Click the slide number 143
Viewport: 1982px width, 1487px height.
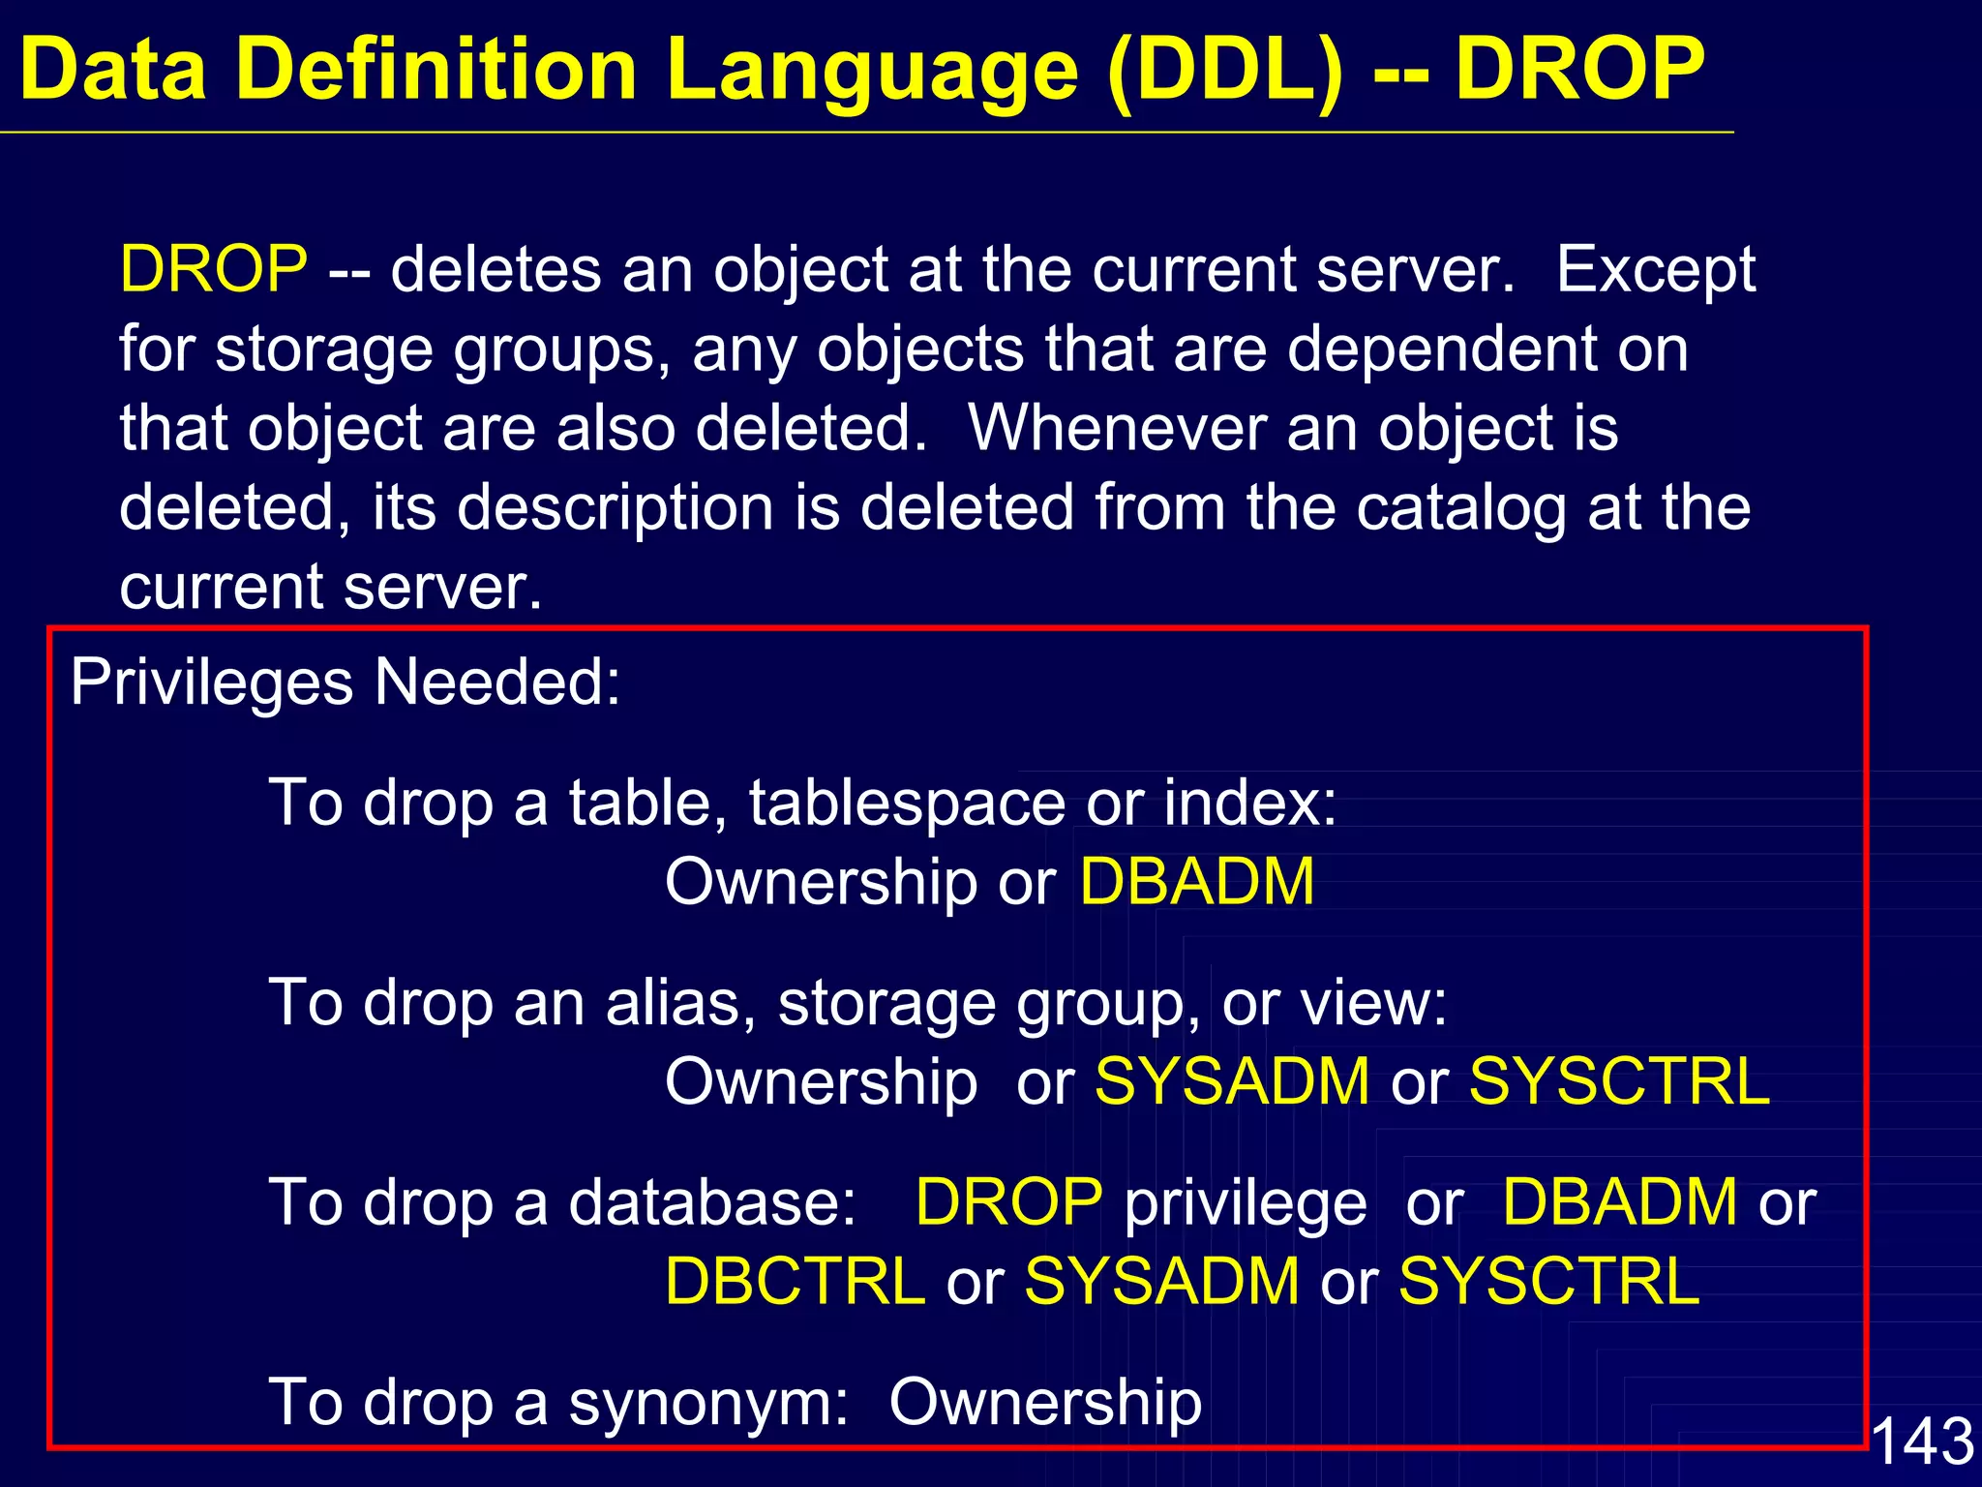(1922, 1441)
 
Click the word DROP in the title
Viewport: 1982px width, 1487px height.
(1579, 70)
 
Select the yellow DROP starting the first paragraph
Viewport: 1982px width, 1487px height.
(214, 269)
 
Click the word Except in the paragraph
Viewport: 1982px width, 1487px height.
(1656, 269)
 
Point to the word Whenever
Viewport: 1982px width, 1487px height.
(1116, 428)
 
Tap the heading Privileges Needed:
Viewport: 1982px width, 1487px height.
(345, 683)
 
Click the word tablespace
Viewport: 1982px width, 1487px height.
(907, 803)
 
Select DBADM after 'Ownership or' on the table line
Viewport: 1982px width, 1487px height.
(1197, 882)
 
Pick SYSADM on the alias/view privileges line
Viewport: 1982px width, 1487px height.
(1232, 1081)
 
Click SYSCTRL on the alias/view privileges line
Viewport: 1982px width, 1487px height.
(1619, 1081)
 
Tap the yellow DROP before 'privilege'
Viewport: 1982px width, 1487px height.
(1009, 1202)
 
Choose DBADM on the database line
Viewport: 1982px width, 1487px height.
(1620, 1202)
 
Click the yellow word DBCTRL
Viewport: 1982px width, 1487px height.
(796, 1282)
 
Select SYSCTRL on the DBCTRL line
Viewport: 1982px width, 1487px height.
(1548, 1282)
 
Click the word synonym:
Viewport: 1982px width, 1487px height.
(707, 1403)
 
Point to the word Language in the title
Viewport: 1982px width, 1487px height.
(872, 70)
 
